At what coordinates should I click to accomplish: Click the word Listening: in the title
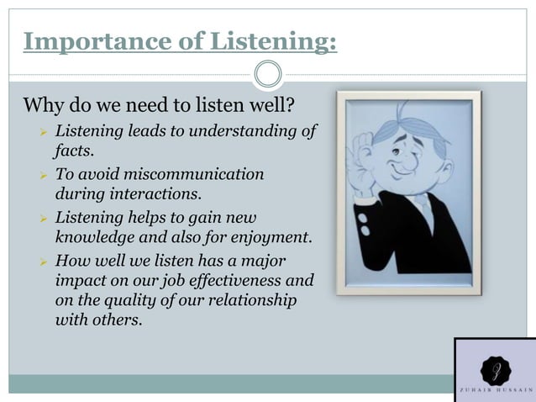268,41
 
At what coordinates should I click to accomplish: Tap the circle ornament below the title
268,75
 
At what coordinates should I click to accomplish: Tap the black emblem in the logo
495,369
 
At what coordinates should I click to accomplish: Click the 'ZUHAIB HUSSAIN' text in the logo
495,391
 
